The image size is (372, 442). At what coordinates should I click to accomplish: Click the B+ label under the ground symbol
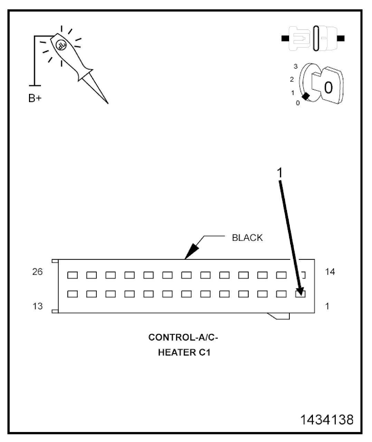click(35, 98)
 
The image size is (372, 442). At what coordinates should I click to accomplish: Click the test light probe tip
click(107, 102)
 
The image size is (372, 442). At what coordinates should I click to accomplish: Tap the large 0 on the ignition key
click(328, 88)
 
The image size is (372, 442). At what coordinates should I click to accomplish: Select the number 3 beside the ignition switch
click(296, 67)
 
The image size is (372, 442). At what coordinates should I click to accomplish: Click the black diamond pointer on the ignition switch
click(305, 97)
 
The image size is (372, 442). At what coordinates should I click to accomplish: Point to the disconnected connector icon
click(313, 39)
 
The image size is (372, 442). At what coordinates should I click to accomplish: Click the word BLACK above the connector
click(247, 238)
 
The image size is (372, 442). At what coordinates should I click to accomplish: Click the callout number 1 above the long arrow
click(280, 173)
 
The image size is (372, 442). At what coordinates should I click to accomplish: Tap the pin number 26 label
click(38, 272)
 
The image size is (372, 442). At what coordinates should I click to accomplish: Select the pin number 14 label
click(330, 272)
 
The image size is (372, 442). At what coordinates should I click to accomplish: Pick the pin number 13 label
click(38, 306)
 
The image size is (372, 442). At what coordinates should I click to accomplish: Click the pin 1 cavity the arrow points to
click(300, 294)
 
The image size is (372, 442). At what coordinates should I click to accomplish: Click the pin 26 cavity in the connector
click(72, 275)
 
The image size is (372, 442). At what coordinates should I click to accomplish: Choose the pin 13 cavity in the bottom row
click(72, 294)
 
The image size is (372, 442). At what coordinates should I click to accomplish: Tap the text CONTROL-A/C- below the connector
click(183, 337)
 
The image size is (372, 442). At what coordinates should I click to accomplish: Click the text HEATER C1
click(184, 353)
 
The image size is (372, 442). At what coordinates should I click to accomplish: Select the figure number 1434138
click(327, 420)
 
